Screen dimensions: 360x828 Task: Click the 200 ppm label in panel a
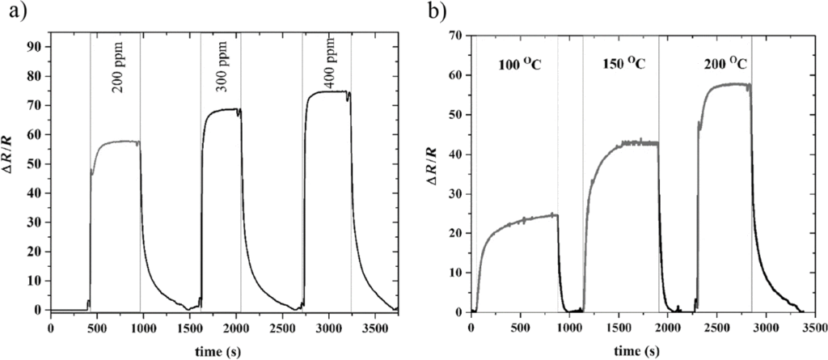pos(117,74)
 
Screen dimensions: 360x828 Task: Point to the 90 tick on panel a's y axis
pos(35,46)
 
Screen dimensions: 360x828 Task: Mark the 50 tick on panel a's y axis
pos(35,163)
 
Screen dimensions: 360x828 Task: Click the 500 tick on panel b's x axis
pos(520,328)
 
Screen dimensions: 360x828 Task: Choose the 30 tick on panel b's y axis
pos(457,193)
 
